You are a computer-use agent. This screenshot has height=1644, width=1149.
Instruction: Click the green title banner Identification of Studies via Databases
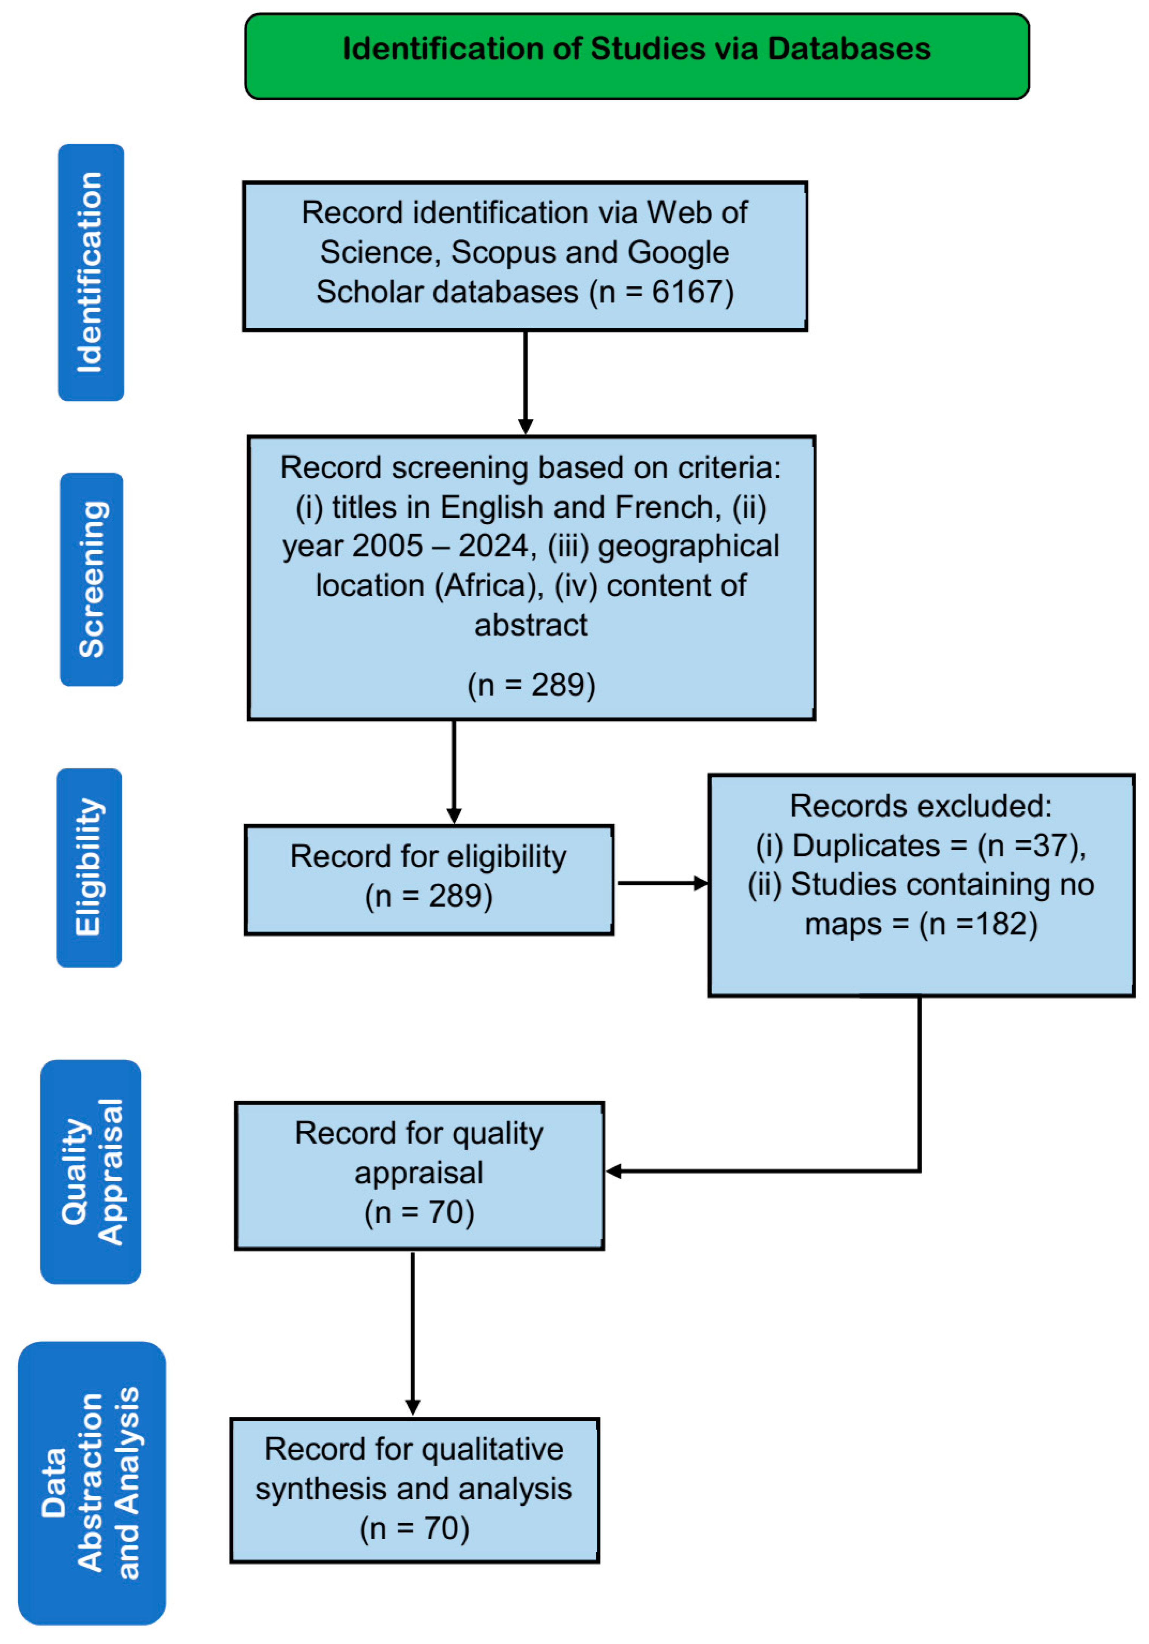[636, 56]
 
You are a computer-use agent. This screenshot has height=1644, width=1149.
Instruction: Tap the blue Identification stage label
[91, 272]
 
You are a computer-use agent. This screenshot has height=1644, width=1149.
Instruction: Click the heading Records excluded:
[921, 806]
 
